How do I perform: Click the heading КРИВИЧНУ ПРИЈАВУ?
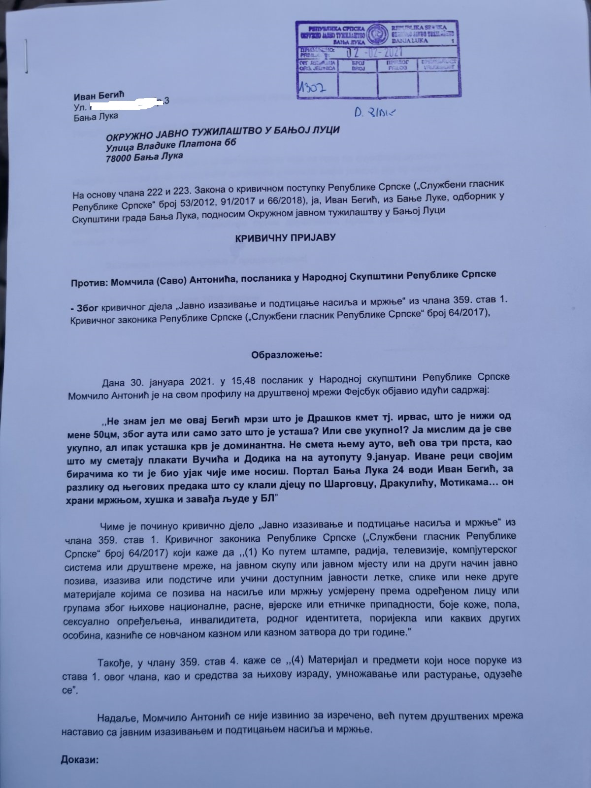click(x=285, y=237)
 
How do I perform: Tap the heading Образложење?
click(x=287, y=354)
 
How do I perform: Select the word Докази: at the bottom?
click(x=80, y=760)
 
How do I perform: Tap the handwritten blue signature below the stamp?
click(x=375, y=113)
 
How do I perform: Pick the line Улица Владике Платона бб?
click(x=171, y=143)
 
